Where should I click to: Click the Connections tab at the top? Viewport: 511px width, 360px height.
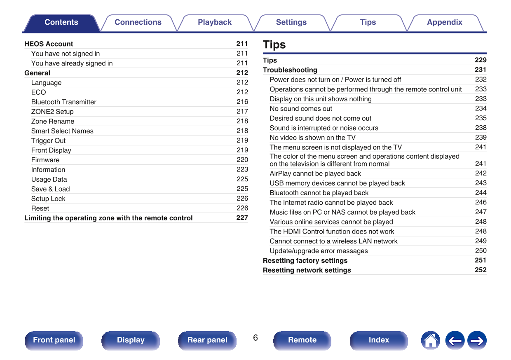click(138, 23)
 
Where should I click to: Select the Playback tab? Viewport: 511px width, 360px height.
click(214, 23)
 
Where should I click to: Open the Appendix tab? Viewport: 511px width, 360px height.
click(444, 23)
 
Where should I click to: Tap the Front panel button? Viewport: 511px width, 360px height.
click(54, 340)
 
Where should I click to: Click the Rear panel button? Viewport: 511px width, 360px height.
click(207, 340)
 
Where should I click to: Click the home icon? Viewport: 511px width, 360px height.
click(430, 341)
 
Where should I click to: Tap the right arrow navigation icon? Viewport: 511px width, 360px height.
click(477, 341)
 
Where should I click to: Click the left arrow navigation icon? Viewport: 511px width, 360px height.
click(455, 341)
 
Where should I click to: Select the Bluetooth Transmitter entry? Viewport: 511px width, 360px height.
click(64, 102)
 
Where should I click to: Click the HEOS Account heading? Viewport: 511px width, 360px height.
click(49, 44)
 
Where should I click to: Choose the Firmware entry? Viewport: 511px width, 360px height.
click(45, 160)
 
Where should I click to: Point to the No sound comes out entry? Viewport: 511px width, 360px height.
click(301, 109)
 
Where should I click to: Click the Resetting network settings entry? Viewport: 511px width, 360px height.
click(307, 270)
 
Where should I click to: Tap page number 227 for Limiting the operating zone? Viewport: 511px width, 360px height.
click(242, 218)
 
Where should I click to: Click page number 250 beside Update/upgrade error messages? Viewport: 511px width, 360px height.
click(481, 250)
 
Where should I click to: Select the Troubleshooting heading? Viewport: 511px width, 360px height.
click(290, 70)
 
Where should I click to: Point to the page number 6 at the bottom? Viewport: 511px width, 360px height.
click(255, 338)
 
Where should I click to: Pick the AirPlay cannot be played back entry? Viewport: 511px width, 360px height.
click(315, 173)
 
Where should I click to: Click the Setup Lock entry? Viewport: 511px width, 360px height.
click(48, 199)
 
